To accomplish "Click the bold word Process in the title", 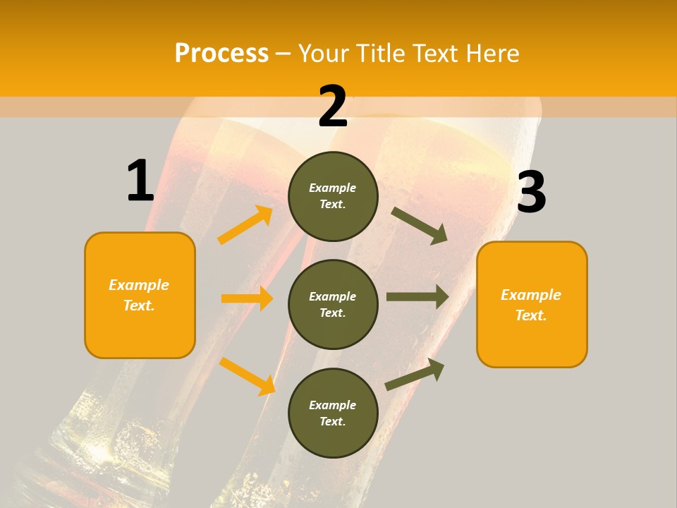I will coord(221,53).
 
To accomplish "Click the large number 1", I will coord(140,181).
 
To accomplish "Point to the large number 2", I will coord(333,107).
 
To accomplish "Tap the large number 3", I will coord(532,193).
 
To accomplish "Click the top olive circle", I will coord(333,196).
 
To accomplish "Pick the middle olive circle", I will coord(333,304).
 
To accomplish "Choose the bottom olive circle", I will coord(333,413).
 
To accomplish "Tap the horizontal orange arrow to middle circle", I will coord(247,298).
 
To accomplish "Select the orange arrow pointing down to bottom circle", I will coord(248,375).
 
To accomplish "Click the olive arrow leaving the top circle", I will coord(419,225).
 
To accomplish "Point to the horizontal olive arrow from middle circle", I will coord(417,297).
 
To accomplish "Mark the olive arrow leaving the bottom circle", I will coord(415,374).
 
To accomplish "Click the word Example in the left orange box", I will coord(139,285).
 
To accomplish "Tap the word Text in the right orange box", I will coord(530,315).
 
